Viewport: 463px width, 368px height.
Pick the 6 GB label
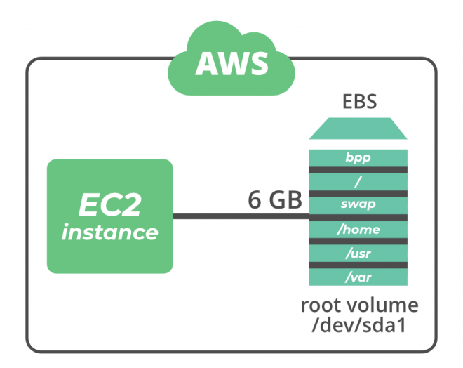pyautogui.click(x=274, y=200)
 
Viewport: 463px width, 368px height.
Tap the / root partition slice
pyautogui.click(x=358, y=180)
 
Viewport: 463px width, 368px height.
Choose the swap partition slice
pyautogui.click(x=358, y=204)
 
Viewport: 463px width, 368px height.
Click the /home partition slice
pyautogui.click(x=358, y=229)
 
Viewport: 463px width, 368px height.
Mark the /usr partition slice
pyautogui.click(x=358, y=253)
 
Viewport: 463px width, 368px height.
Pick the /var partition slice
pyautogui.click(x=358, y=277)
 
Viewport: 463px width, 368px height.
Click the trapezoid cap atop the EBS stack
pyautogui.click(x=358, y=129)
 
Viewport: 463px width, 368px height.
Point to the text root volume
pyautogui.click(x=359, y=306)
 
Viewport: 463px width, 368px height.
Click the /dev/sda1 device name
pyautogui.click(x=359, y=326)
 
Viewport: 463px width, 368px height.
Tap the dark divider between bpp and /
pyautogui.click(x=358, y=169)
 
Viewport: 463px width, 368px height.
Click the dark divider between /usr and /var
pyautogui.click(x=358, y=265)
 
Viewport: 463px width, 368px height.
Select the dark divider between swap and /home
pyautogui.click(x=358, y=217)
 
